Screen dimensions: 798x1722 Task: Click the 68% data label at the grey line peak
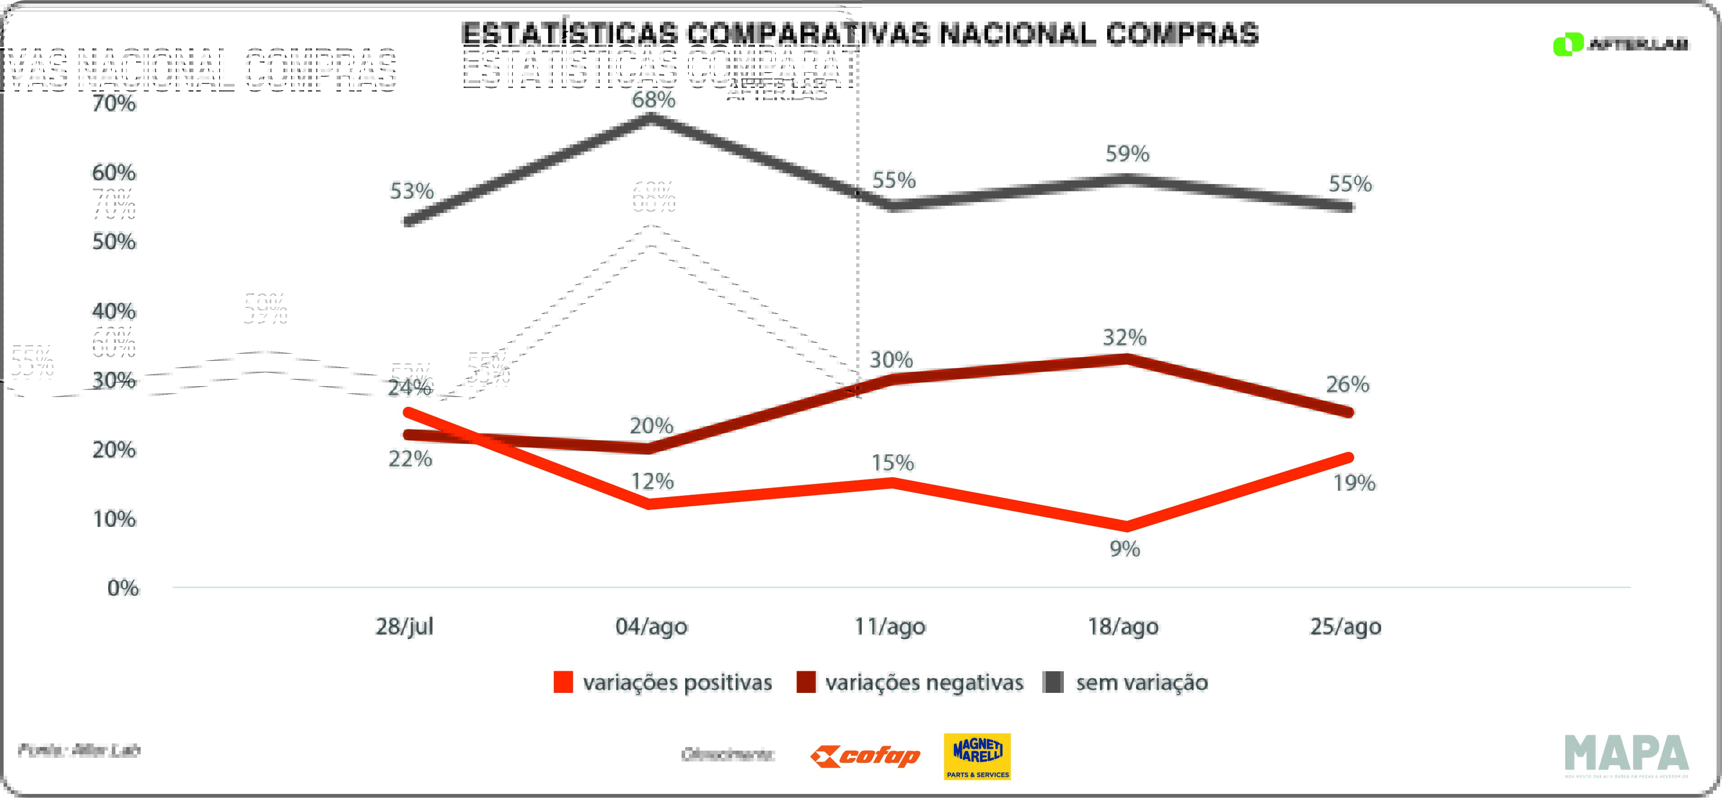coord(654,100)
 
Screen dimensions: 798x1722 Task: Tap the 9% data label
coord(1124,549)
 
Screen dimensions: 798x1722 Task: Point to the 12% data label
coord(652,482)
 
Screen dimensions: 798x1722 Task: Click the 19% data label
coord(1354,483)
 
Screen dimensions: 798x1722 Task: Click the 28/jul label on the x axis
coord(404,627)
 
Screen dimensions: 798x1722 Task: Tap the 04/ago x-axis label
coord(651,627)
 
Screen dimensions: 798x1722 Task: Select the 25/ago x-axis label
coord(1345,627)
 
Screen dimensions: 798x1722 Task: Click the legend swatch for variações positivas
coord(563,682)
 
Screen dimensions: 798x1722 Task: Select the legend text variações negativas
coord(924,682)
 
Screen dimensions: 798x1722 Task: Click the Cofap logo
coord(865,756)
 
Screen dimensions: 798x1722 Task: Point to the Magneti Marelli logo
coord(977,756)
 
